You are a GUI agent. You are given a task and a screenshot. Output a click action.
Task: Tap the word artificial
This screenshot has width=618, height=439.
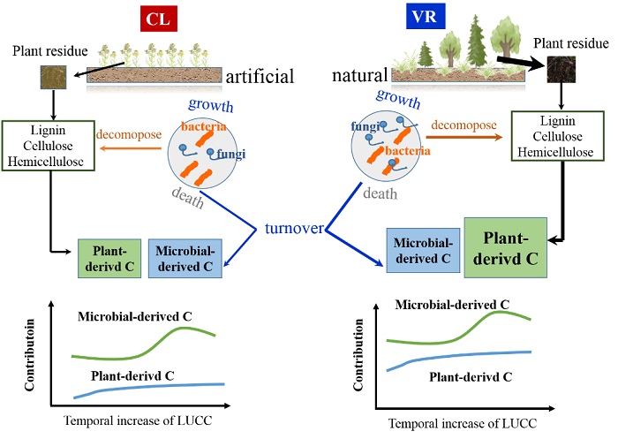(260, 77)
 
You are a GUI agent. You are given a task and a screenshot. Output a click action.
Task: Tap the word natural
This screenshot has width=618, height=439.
(361, 77)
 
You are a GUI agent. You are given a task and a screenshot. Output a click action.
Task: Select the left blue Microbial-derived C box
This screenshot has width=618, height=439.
(184, 255)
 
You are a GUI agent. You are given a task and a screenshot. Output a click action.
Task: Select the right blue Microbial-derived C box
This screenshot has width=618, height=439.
(423, 249)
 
